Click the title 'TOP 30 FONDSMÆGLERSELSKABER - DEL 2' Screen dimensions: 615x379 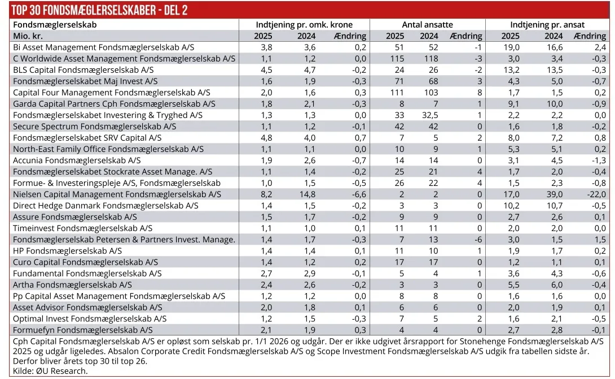(x=100, y=10)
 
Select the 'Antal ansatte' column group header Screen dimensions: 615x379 (x=427, y=25)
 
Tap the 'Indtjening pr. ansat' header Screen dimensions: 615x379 (x=547, y=25)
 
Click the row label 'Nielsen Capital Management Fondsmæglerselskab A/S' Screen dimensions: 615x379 (x=117, y=194)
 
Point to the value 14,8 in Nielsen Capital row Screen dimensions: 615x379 (x=306, y=194)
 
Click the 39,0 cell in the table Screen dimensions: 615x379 (x=553, y=194)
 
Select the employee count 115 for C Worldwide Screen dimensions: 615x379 (x=397, y=59)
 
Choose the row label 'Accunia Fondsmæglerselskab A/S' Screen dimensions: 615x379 (x=77, y=160)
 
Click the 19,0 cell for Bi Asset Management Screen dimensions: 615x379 (x=510, y=47)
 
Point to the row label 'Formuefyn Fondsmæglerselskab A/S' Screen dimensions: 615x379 (x=83, y=330)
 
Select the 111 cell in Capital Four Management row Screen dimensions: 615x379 (x=397, y=93)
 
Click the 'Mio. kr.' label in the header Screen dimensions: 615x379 (x=28, y=36)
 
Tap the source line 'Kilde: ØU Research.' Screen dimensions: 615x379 (x=50, y=371)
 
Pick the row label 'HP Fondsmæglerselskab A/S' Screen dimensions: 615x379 (x=68, y=251)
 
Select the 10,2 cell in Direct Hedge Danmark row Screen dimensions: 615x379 (x=510, y=206)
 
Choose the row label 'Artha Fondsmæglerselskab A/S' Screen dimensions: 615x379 (x=73, y=285)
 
